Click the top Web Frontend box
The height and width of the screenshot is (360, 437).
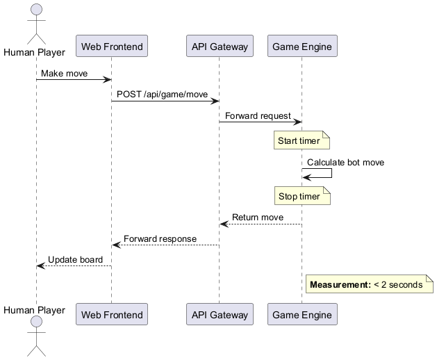point(112,47)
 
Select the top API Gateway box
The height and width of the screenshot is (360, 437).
point(220,47)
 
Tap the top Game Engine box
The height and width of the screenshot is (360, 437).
point(302,47)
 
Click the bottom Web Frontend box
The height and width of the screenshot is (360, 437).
point(112,314)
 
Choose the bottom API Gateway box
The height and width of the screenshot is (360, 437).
point(220,314)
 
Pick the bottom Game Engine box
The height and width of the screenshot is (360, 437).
point(302,314)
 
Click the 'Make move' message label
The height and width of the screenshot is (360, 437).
point(64,73)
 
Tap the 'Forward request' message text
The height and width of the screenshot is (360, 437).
point(258,115)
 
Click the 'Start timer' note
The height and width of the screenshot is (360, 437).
point(299,141)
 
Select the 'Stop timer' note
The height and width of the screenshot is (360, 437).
point(299,197)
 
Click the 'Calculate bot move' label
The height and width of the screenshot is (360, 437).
point(345,163)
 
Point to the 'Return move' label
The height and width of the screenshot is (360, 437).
point(258,218)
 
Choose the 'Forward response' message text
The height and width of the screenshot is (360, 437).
point(160,238)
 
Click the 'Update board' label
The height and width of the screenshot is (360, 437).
point(75,260)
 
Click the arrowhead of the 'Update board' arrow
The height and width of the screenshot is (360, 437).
point(40,265)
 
